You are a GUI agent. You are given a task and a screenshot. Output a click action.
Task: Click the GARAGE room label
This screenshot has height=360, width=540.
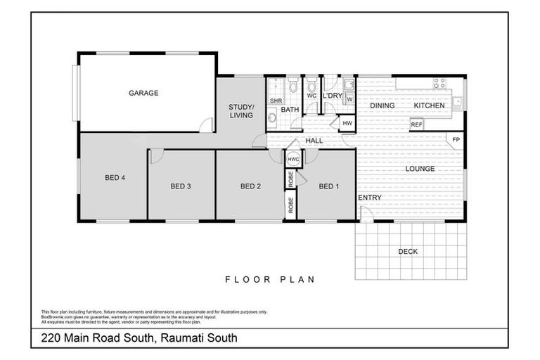pyautogui.click(x=143, y=93)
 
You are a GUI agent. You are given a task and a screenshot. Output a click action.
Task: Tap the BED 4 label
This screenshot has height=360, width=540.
pyautogui.click(x=115, y=178)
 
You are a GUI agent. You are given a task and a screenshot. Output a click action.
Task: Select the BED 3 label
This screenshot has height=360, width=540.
pyautogui.click(x=181, y=186)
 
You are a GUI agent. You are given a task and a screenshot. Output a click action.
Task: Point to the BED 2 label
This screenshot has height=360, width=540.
pyautogui.click(x=250, y=186)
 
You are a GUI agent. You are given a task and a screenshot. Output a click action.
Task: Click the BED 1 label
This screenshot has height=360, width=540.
pyautogui.click(x=328, y=186)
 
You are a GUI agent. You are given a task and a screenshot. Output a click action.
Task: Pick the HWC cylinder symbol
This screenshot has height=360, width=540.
pyautogui.click(x=293, y=160)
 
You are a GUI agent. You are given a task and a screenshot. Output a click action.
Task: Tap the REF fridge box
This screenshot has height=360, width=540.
pyautogui.click(x=417, y=124)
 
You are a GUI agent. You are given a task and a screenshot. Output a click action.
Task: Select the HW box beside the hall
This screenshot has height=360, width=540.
pyautogui.click(x=347, y=124)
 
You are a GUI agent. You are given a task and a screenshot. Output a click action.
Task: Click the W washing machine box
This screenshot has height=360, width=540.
pyautogui.click(x=349, y=99)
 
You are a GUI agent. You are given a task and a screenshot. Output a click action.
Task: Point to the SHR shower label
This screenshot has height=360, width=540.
pyautogui.click(x=276, y=101)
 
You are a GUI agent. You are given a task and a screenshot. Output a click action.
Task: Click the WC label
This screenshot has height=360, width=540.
pyautogui.click(x=311, y=96)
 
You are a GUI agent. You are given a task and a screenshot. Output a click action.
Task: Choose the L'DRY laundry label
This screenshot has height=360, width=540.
pyautogui.click(x=332, y=96)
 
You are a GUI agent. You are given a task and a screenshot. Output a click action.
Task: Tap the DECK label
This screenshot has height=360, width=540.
pyautogui.click(x=408, y=251)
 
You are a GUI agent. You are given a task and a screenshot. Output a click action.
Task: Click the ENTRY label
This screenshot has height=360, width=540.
pyautogui.click(x=370, y=198)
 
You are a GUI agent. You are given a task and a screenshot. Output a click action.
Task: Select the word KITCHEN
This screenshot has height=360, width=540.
pyautogui.click(x=429, y=105)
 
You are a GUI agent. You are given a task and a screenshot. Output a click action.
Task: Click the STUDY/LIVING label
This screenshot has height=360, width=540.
pyautogui.click(x=241, y=111)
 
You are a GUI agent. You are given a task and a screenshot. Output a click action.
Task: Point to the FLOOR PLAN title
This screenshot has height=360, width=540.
pyautogui.click(x=269, y=279)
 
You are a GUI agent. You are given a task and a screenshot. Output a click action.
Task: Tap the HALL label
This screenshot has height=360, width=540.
pyautogui.click(x=314, y=141)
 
